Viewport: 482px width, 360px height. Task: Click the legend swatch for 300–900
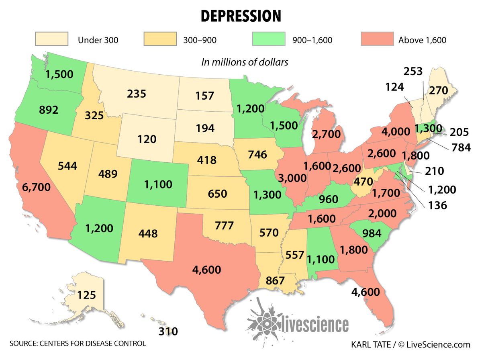coord(159,40)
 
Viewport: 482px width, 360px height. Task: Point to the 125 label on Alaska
coord(86,295)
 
